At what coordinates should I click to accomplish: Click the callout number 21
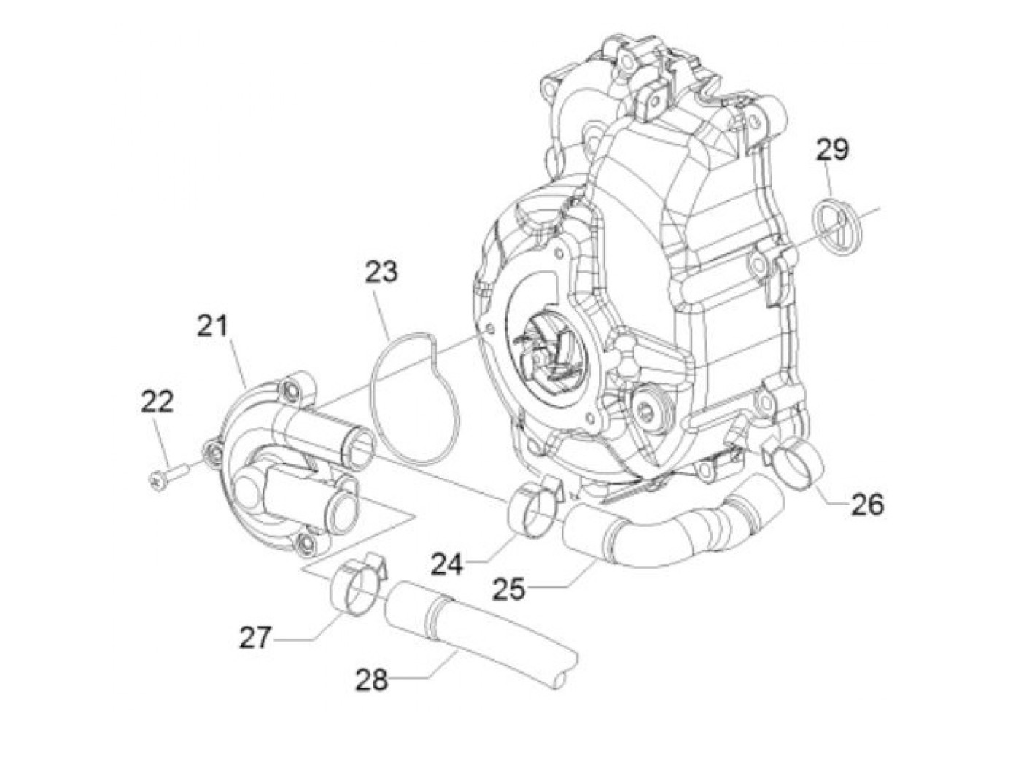click(x=211, y=327)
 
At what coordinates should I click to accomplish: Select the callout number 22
click(x=158, y=402)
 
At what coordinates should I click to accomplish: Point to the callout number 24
click(x=446, y=564)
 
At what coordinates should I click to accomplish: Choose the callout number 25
click(x=508, y=590)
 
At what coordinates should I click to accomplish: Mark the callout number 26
click(x=867, y=505)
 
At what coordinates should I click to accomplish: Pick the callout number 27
click(x=255, y=638)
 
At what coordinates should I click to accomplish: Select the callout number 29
click(x=832, y=149)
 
